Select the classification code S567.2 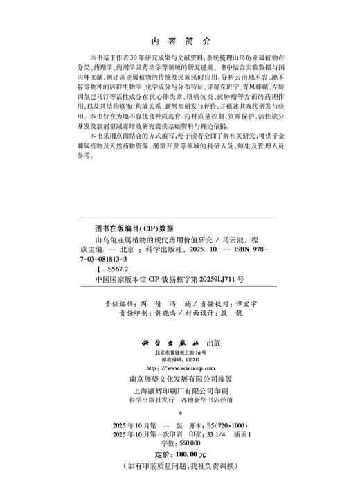pyautogui.click(x=102, y=266)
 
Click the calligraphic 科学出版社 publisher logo pyautogui.click(x=165, y=341)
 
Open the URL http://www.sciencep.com pyautogui.click(x=179, y=369)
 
